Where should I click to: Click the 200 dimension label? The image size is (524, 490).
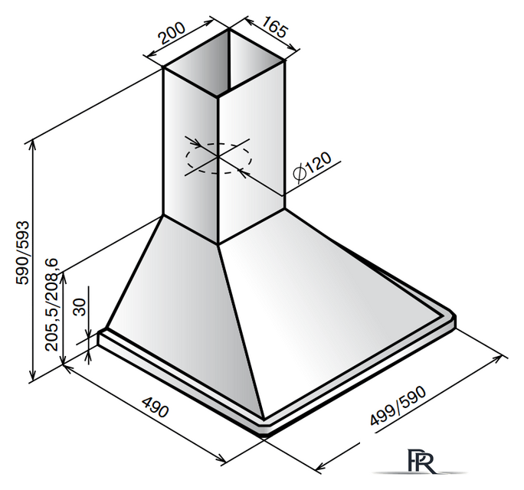click(x=170, y=35)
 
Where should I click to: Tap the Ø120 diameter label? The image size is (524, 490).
click(x=311, y=168)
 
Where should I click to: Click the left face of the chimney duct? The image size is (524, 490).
click(x=189, y=153)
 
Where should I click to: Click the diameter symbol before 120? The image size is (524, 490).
click(x=300, y=175)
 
